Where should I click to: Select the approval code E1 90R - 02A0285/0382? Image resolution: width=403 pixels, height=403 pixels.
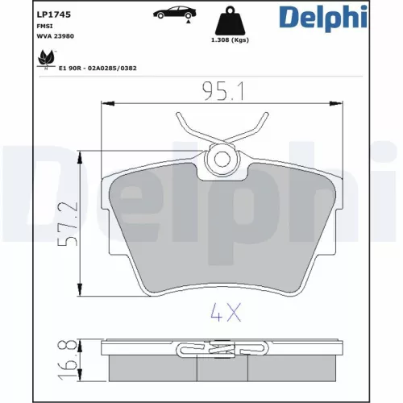click(x=98, y=69)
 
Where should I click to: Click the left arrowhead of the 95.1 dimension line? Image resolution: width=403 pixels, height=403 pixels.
click(x=102, y=102)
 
